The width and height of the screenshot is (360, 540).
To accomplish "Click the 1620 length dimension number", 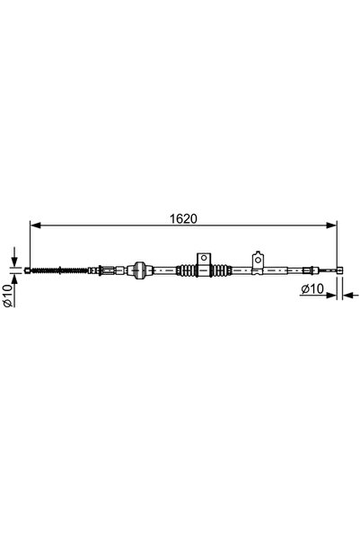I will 183,217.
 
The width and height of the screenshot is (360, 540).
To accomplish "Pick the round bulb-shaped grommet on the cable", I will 138,269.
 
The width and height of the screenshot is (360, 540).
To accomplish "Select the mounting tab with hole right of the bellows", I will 257,261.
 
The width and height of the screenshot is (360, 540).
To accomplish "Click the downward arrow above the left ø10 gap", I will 15,259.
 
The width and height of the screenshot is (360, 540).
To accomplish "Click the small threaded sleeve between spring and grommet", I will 109,269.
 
